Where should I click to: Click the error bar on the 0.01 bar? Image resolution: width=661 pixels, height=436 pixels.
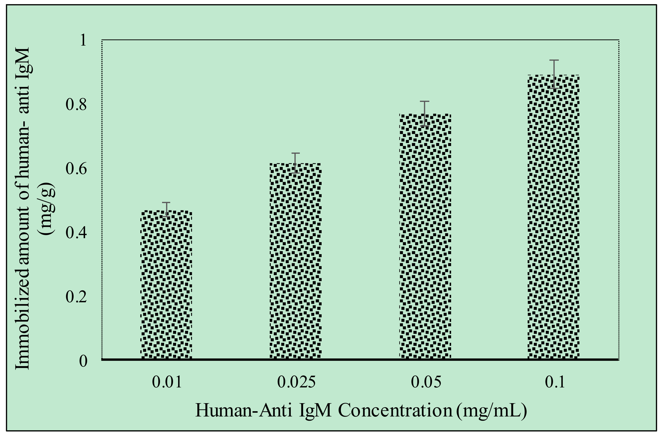(166, 209)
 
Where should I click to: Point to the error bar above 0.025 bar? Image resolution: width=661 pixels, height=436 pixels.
(295, 163)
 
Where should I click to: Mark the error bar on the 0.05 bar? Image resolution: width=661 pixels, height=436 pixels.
(425, 113)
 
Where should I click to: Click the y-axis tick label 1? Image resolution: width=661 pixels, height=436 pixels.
(83, 40)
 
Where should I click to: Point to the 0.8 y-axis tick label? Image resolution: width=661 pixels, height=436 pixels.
(76, 105)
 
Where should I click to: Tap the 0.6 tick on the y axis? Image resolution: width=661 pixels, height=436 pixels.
(76, 169)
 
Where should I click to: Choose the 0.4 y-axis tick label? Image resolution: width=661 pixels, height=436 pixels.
(76, 233)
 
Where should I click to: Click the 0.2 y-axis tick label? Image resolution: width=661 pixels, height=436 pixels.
(76, 297)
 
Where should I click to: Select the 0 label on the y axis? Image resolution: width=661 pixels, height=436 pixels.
(83, 361)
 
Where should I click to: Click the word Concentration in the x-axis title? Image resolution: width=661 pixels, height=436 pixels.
(395, 410)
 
